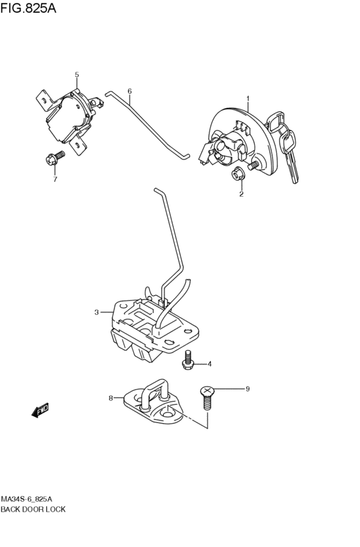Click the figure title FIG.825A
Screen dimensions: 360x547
[x=28, y=8]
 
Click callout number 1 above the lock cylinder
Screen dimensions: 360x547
[x=248, y=99]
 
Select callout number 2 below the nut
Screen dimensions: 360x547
[x=241, y=194]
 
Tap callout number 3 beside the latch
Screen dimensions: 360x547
[x=96, y=312]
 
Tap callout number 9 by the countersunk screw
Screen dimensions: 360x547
[x=248, y=389]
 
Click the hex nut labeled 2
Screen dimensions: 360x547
[x=238, y=174]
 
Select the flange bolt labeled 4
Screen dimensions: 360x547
[x=188, y=360]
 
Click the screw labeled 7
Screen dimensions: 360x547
[x=55, y=157]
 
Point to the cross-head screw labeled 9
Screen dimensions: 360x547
[x=207, y=398]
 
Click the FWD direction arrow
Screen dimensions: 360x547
[x=40, y=410]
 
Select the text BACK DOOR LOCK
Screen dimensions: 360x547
[x=33, y=509]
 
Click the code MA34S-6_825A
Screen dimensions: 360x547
[x=27, y=499]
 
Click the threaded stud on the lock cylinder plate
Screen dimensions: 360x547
[x=253, y=165]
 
